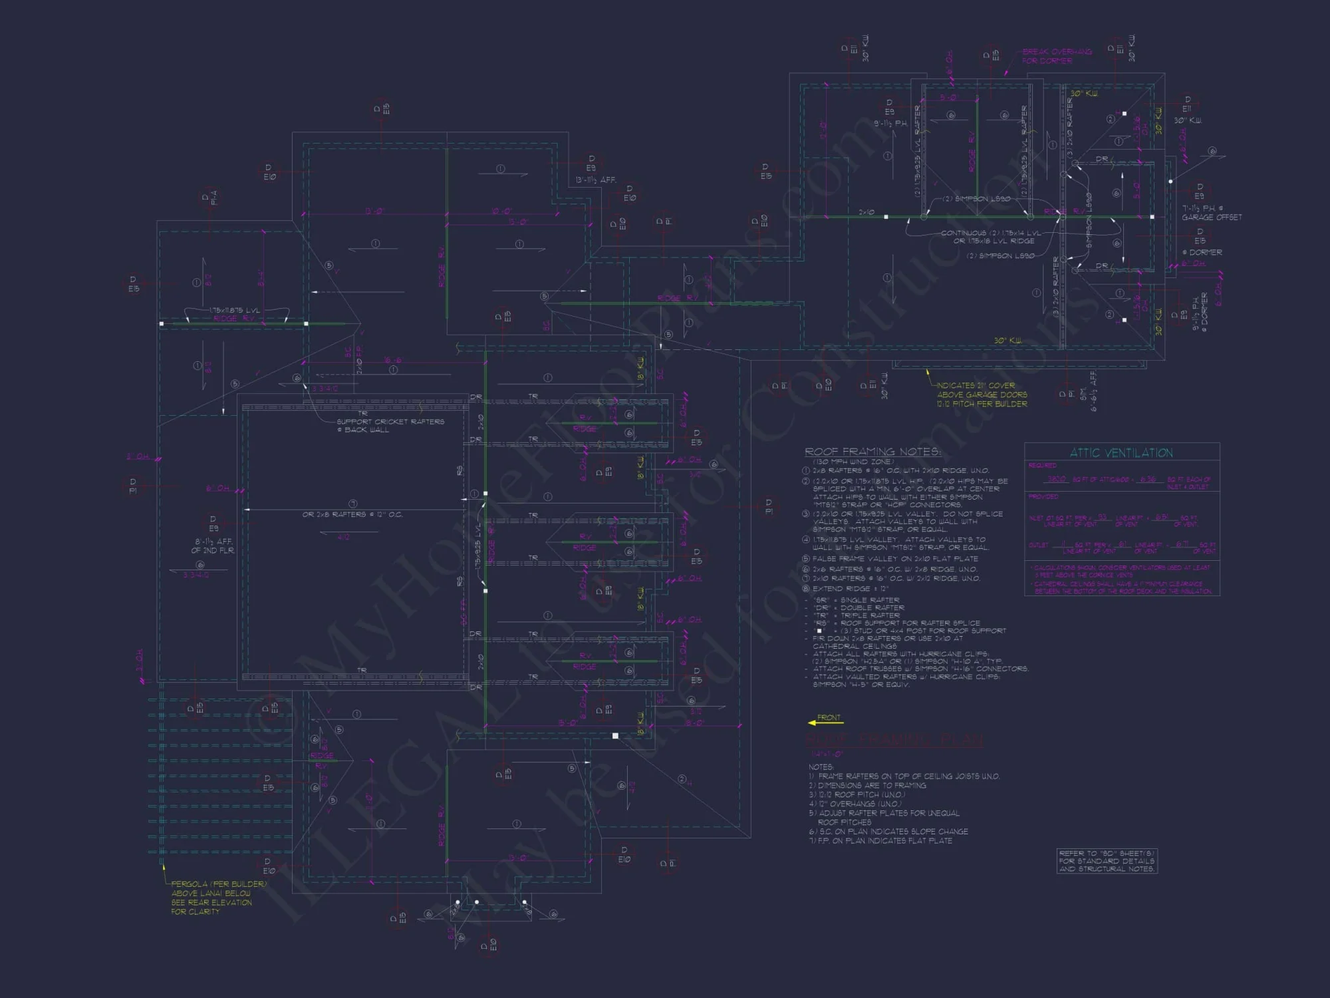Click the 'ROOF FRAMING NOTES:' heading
[x=872, y=452]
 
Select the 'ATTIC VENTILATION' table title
[x=1121, y=453]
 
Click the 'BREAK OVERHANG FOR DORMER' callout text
[x=1057, y=56]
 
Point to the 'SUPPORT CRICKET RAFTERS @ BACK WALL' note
[x=390, y=425]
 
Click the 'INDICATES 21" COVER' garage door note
[x=976, y=385]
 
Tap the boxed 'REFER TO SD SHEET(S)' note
[x=1107, y=861]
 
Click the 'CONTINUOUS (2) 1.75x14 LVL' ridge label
[x=991, y=234]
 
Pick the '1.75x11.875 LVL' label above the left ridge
[x=235, y=311]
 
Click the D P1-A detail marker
[x=209, y=198]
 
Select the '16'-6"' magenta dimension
[x=392, y=361]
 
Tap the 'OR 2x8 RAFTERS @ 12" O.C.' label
[x=352, y=514]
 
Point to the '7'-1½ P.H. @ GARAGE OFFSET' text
[x=1211, y=213]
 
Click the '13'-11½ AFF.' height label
[x=596, y=180]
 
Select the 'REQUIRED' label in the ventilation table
[x=1042, y=466]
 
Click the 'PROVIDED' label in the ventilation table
[x=1043, y=496]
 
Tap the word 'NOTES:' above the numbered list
[x=821, y=767]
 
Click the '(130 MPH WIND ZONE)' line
[x=854, y=462]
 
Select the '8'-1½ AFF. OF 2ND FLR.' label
[x=213, y=546]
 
